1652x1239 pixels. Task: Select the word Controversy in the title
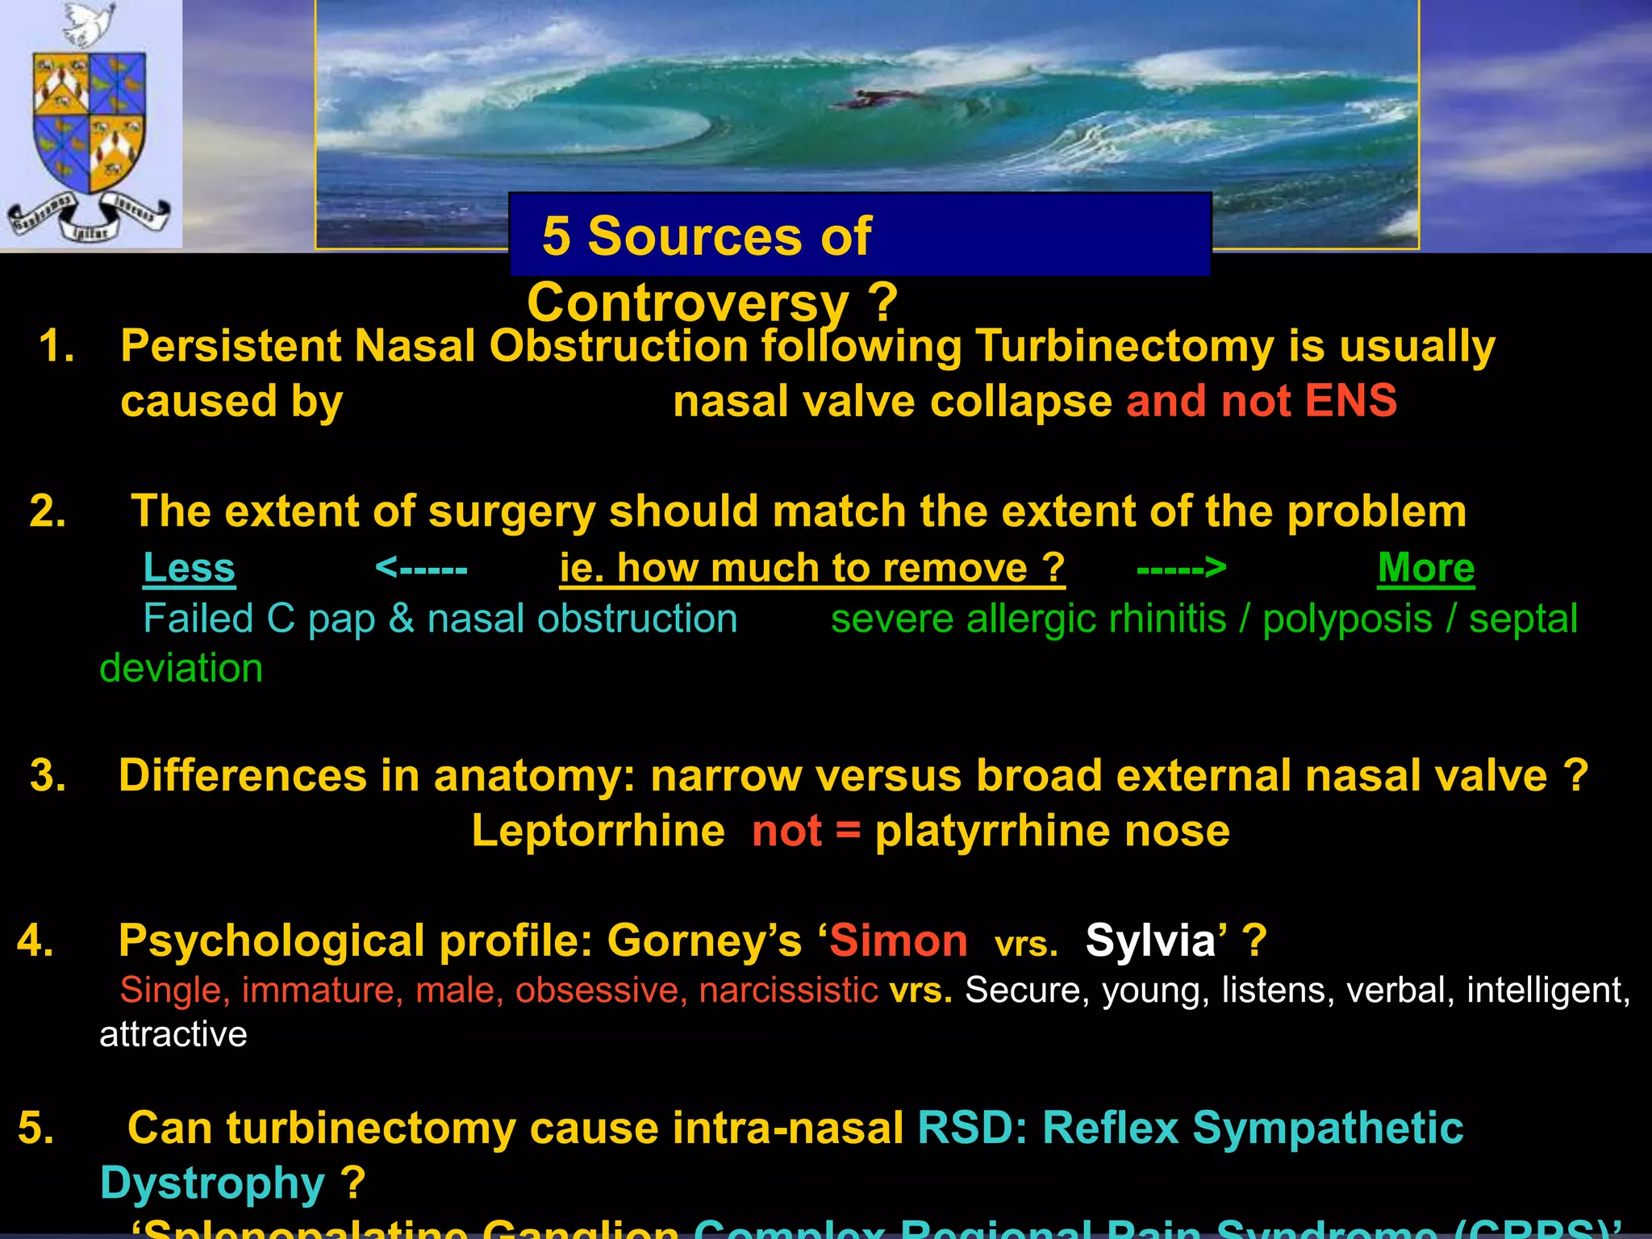click(x=687, y=302)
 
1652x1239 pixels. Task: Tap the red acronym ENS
click(x=1350, y=401)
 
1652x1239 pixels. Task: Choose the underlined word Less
click(x=189, y=568)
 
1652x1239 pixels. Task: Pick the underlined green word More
click(x=1425, y=568)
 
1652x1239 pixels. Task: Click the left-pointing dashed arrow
click(x=421, y=569)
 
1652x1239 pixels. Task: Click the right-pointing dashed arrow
click(x=1181, y=569)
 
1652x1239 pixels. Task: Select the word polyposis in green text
click(x=1347, y=619)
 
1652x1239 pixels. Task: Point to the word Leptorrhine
click(x=598, y=831)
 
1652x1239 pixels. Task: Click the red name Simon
click(x=899, y=941)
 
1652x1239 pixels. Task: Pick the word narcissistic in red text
click(x=788, y=990)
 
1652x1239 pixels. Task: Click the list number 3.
click(x=48, y=775)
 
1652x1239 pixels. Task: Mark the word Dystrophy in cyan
click(x=212, y=1183)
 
